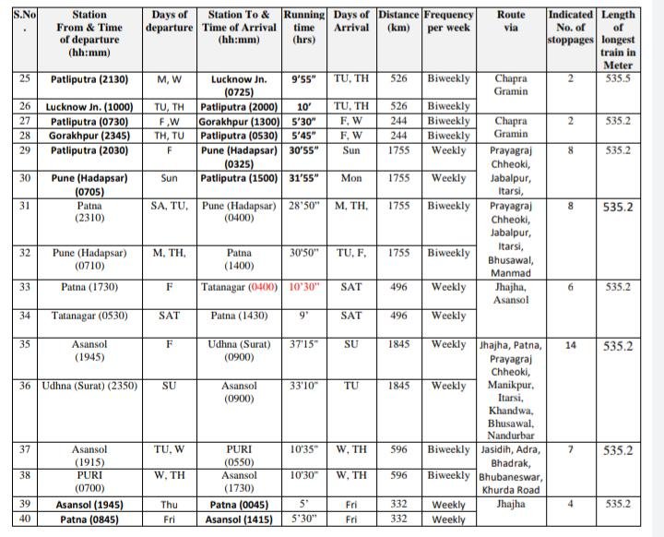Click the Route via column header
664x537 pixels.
tap(511, 21)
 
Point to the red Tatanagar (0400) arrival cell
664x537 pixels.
tap(240, 287)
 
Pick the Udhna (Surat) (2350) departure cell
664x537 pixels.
tap(89, 386)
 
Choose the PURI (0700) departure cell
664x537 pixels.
tap(89, 483)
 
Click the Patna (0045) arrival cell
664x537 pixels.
tap(240, 505)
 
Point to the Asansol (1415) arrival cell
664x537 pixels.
tap(240, 519)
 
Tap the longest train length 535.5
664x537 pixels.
tap(618, 78)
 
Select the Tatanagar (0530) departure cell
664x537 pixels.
tap(89, 316)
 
